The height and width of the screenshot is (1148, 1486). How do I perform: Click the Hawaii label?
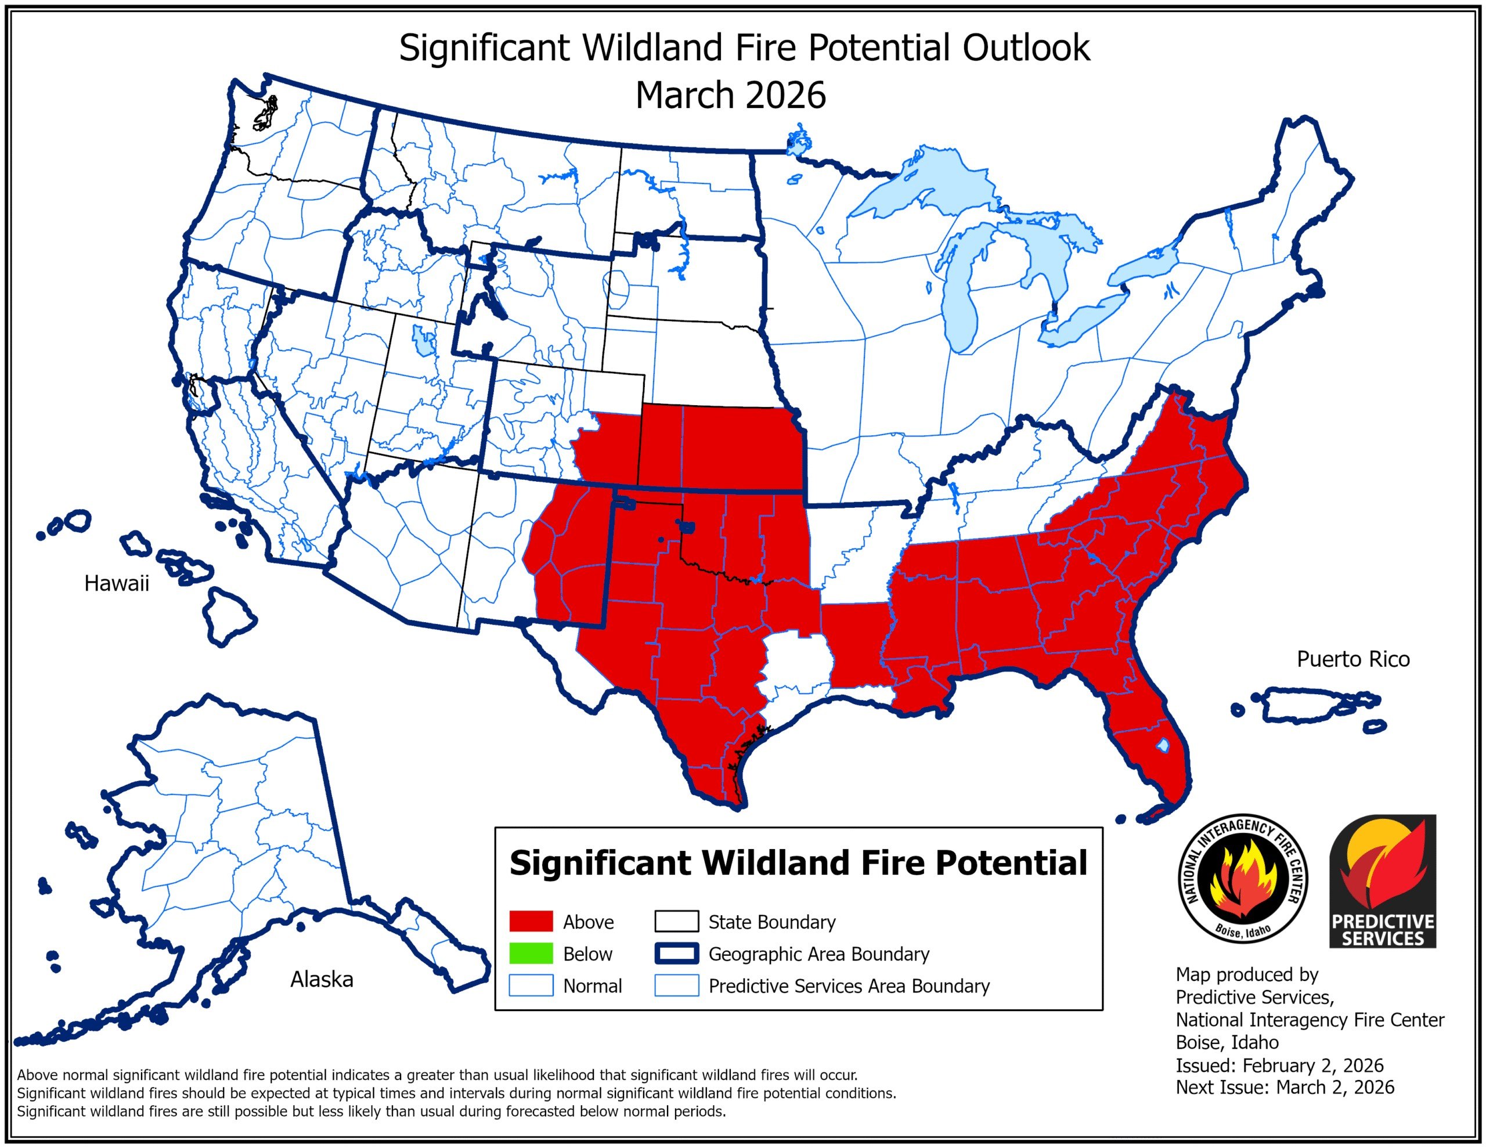(116, 583)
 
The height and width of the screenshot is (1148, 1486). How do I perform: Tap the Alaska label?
(321, 979)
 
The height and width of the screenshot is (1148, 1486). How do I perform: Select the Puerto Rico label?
(1352, 659)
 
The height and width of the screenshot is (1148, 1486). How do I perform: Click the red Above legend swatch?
(531, 922)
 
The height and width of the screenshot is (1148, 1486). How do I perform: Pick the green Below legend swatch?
(531, 954)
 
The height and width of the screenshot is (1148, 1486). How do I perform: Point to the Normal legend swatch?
(531, 985)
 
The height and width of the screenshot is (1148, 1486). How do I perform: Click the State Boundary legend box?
(676, 922)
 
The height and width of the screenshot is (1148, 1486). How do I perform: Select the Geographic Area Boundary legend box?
(676, 954)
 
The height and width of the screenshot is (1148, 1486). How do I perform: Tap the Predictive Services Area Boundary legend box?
(676, 985)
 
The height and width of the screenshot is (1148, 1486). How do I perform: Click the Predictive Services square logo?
(1383, 881)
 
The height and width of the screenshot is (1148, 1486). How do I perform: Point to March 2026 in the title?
(730, 95)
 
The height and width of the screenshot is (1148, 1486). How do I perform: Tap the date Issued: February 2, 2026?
(1279, 1065)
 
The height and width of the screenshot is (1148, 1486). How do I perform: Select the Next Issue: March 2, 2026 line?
(1285, 1088)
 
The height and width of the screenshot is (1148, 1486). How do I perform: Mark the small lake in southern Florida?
(1162, 746)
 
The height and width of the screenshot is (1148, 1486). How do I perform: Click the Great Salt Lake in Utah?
(423, 340)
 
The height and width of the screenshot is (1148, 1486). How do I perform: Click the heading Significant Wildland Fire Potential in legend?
(798, 863)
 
